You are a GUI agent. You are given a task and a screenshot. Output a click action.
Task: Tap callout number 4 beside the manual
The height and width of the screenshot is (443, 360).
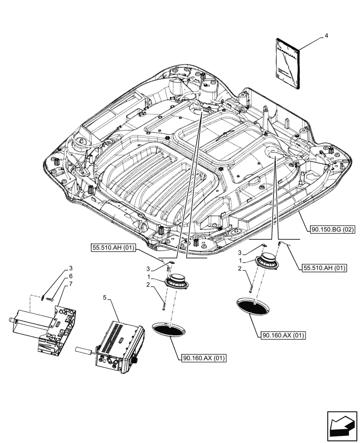click(x=326, y=35)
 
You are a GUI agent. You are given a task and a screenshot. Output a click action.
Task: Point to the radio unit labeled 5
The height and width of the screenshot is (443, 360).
click(x=119, y=344)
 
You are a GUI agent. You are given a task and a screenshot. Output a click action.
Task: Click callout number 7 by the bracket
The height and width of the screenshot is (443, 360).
click(x=70, y=283)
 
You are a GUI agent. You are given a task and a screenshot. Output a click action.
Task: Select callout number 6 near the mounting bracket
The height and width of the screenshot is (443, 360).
click(x=70, y=276)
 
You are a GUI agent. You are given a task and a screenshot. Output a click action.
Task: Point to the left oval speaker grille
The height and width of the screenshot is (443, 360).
click(x=169, y=330)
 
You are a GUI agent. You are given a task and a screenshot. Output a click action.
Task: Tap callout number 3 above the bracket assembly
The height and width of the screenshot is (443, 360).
click(x=70, y=268)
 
